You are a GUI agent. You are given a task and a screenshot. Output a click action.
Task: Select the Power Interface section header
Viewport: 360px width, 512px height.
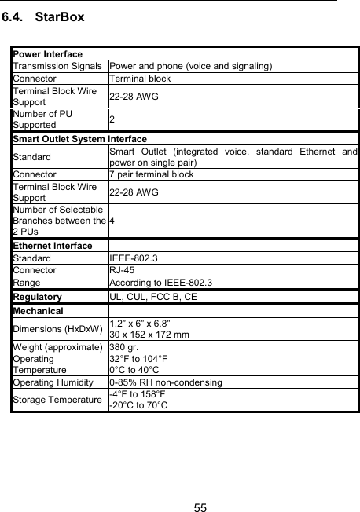click(x=47, y=54)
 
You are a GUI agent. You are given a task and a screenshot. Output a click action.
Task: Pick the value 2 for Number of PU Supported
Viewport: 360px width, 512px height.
click(x=112, y=119)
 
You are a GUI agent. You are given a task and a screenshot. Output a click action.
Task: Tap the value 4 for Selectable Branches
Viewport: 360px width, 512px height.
click(x=112, y=221)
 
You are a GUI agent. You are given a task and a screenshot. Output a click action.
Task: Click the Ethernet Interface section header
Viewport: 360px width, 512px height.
click(x=51, y=246)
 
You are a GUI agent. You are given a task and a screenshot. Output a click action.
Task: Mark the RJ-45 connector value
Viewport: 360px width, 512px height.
click(x=122, y=269)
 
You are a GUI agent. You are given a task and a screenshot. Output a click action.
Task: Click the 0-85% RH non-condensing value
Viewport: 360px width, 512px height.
click(x=166, y=382)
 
